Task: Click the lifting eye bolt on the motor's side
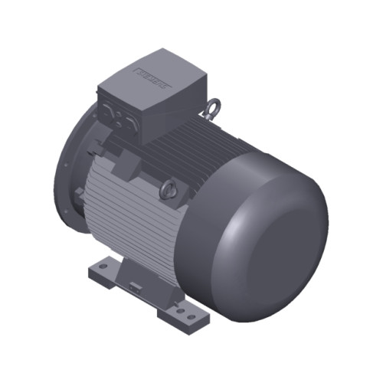tap(169, 188)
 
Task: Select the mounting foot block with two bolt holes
tap(184, 310)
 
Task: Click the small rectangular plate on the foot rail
tap(136, 288)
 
